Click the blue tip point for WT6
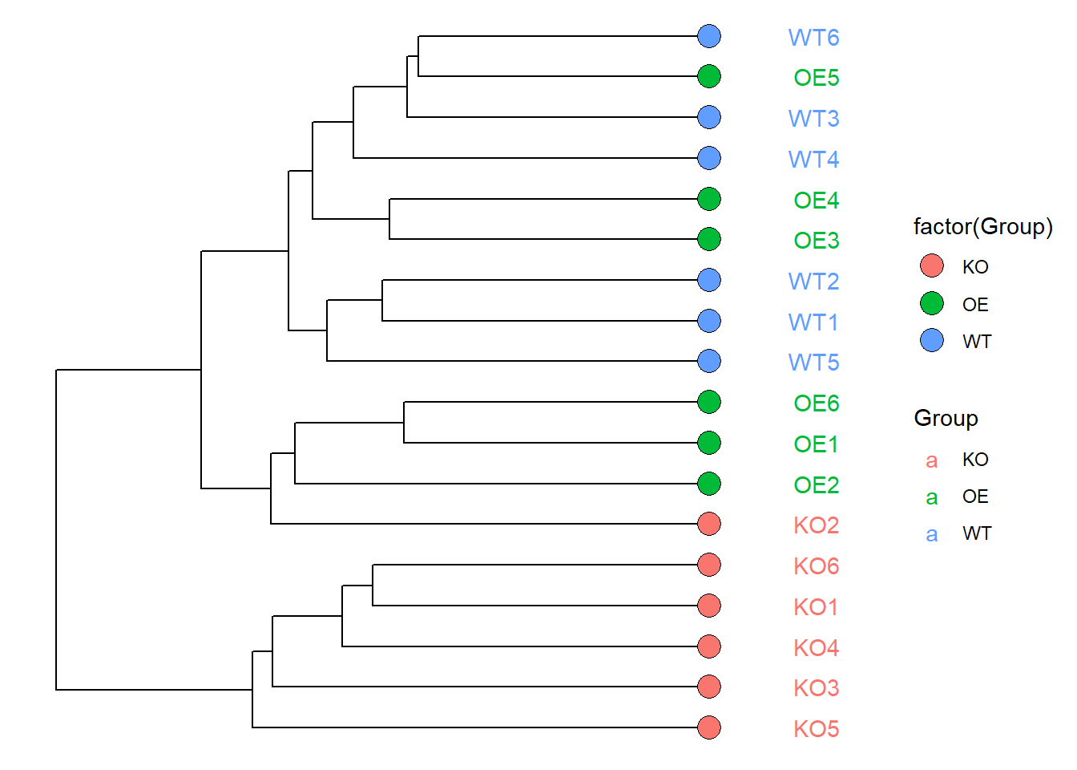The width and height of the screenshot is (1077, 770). click(709, 36)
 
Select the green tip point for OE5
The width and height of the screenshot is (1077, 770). click(709, 76)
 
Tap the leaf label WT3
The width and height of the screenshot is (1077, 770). click(813, 119)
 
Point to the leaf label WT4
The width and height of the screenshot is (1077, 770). click(813, 160)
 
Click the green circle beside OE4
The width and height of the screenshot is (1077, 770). click(709, 199)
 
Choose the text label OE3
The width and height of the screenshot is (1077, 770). click(816, 241)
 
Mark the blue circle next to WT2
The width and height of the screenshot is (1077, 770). click(709, 280)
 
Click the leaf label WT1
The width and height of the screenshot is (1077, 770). click(813, 322)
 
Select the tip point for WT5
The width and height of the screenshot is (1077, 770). click(709, 361)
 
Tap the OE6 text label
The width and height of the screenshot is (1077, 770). click(816, 403)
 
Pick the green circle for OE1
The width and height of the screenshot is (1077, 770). click(709, 443)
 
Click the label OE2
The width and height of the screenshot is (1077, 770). click(816, 485)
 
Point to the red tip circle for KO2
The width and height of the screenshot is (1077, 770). click(709, 524)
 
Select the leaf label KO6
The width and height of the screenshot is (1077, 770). click(816, 566)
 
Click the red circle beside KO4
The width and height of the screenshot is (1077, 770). click(709, 646)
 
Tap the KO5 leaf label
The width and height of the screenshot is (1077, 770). click(816, 729)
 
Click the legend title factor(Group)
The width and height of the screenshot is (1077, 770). click(982, 227)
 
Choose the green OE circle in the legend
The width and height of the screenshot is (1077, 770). click(932, 303)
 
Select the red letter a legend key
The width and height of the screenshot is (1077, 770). click(931, 460)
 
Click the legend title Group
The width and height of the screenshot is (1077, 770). click(946, 419)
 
